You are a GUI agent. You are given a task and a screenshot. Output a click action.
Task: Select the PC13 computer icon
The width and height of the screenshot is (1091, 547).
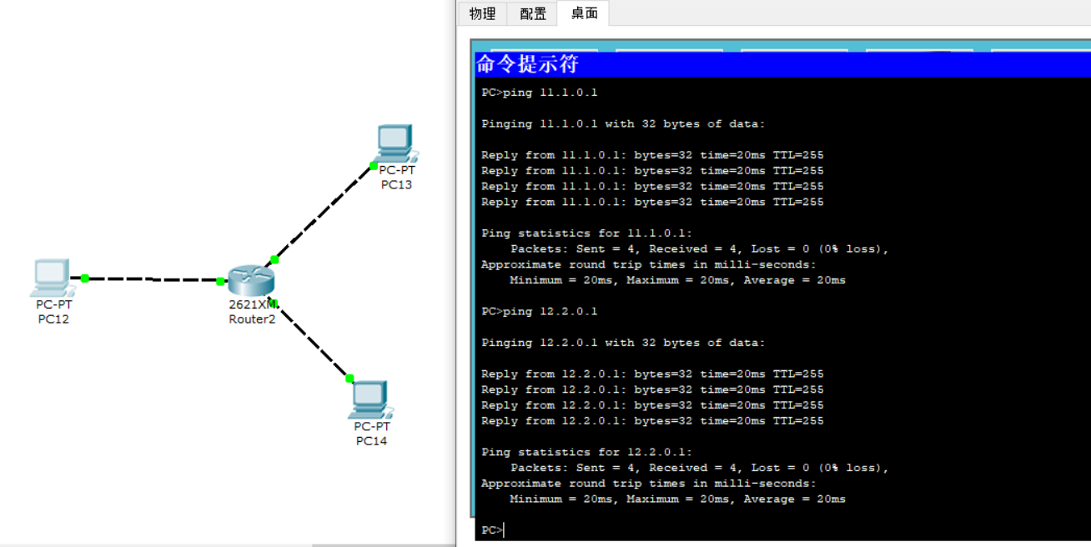(x=396, y=143)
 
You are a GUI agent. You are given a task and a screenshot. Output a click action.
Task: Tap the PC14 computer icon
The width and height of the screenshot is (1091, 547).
(x=371, y=399)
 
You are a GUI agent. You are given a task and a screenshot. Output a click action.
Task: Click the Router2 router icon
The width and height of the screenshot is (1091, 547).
(x=251, y=280)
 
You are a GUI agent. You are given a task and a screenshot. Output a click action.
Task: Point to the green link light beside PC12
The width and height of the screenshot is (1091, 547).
(x=85, y=279)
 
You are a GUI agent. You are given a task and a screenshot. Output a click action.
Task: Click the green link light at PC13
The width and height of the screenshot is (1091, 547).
(x=374, y=166)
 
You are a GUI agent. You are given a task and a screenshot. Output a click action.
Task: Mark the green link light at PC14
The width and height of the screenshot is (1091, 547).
(x=349, y=379)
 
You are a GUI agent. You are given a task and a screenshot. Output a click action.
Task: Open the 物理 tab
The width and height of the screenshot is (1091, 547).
(x=482, y=13)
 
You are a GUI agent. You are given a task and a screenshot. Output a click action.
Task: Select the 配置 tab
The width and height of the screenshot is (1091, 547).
(x=533, y=13)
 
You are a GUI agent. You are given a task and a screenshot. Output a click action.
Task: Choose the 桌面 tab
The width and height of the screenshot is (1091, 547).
(x=584, y=13)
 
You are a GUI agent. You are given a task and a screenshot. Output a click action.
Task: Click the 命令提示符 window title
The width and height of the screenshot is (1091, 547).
(x=527, y=64)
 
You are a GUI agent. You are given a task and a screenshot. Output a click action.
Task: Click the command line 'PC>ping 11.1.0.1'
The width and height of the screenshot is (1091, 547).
(x=539, y=93)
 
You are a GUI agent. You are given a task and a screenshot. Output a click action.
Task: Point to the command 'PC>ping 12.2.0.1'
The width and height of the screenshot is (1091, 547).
(x=539, y=311)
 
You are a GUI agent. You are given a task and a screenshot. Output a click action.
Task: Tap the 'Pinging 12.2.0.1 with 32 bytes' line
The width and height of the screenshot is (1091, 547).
(x=623, y=343)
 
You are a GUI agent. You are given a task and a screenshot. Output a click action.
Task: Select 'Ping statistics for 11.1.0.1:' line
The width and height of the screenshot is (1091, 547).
(x=586, y=233)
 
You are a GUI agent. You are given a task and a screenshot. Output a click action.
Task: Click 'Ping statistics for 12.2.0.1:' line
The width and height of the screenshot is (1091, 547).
(x=586, y=452)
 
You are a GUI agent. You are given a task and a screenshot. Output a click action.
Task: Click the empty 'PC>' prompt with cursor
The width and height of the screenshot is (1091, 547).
(x=492, y=530)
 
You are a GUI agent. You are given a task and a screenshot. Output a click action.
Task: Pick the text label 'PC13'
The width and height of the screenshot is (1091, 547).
(x=396, y=184)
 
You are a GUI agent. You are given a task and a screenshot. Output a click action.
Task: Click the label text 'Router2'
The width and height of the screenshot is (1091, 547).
(x=252, y=319)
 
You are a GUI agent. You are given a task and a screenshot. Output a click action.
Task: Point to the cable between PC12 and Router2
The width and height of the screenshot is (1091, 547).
(x=153, y=279)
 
